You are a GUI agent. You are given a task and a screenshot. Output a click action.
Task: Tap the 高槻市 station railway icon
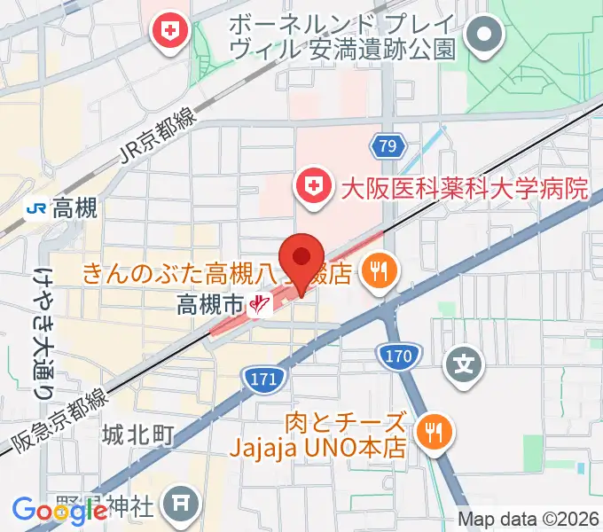pyautogui.click(x=259, y=306)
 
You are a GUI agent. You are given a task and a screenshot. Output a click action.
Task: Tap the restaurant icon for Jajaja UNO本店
pyautogui.click(x=434, y=433)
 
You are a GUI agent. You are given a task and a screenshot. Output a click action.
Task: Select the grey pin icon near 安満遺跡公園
pyautogui.click(x=486, y=37)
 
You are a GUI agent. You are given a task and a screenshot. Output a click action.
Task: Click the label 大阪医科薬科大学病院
pyautogui.click(x=466, y=188)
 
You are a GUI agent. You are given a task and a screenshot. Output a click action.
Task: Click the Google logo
pyautogui.click(x=59, y=510)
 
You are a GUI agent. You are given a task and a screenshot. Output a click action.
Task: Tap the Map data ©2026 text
pyautogui.click(x=529, y=520)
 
